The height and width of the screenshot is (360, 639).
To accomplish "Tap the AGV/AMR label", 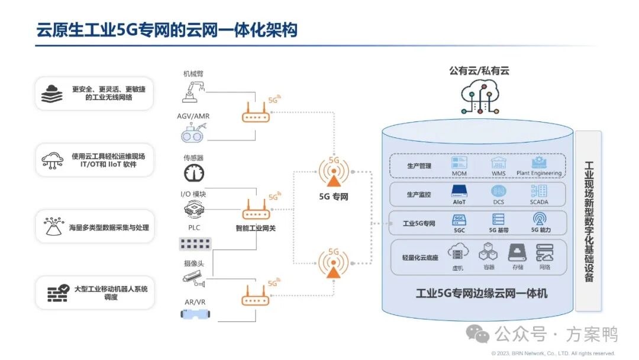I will (193, 116).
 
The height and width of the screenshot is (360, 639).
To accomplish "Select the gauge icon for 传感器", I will (193, 173).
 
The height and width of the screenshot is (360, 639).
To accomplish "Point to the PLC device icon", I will (195, 243).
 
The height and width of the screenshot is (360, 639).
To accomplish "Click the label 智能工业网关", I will (256, 228).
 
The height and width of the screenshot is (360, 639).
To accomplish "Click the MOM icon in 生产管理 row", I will (460, 162).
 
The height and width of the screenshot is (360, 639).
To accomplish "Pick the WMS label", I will (498, 173).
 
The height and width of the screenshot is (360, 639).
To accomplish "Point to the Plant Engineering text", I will (539, 173).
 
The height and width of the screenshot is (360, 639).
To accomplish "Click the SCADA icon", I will (539, 191).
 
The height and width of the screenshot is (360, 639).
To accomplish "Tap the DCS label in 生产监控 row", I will (499, 202).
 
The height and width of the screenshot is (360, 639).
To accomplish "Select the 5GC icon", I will (460, 218).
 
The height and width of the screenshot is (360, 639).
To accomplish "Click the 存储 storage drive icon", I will (518, 253).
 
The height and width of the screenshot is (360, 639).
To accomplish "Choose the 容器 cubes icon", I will (489, 253).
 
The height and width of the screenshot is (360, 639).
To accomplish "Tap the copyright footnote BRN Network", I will (553, 353).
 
